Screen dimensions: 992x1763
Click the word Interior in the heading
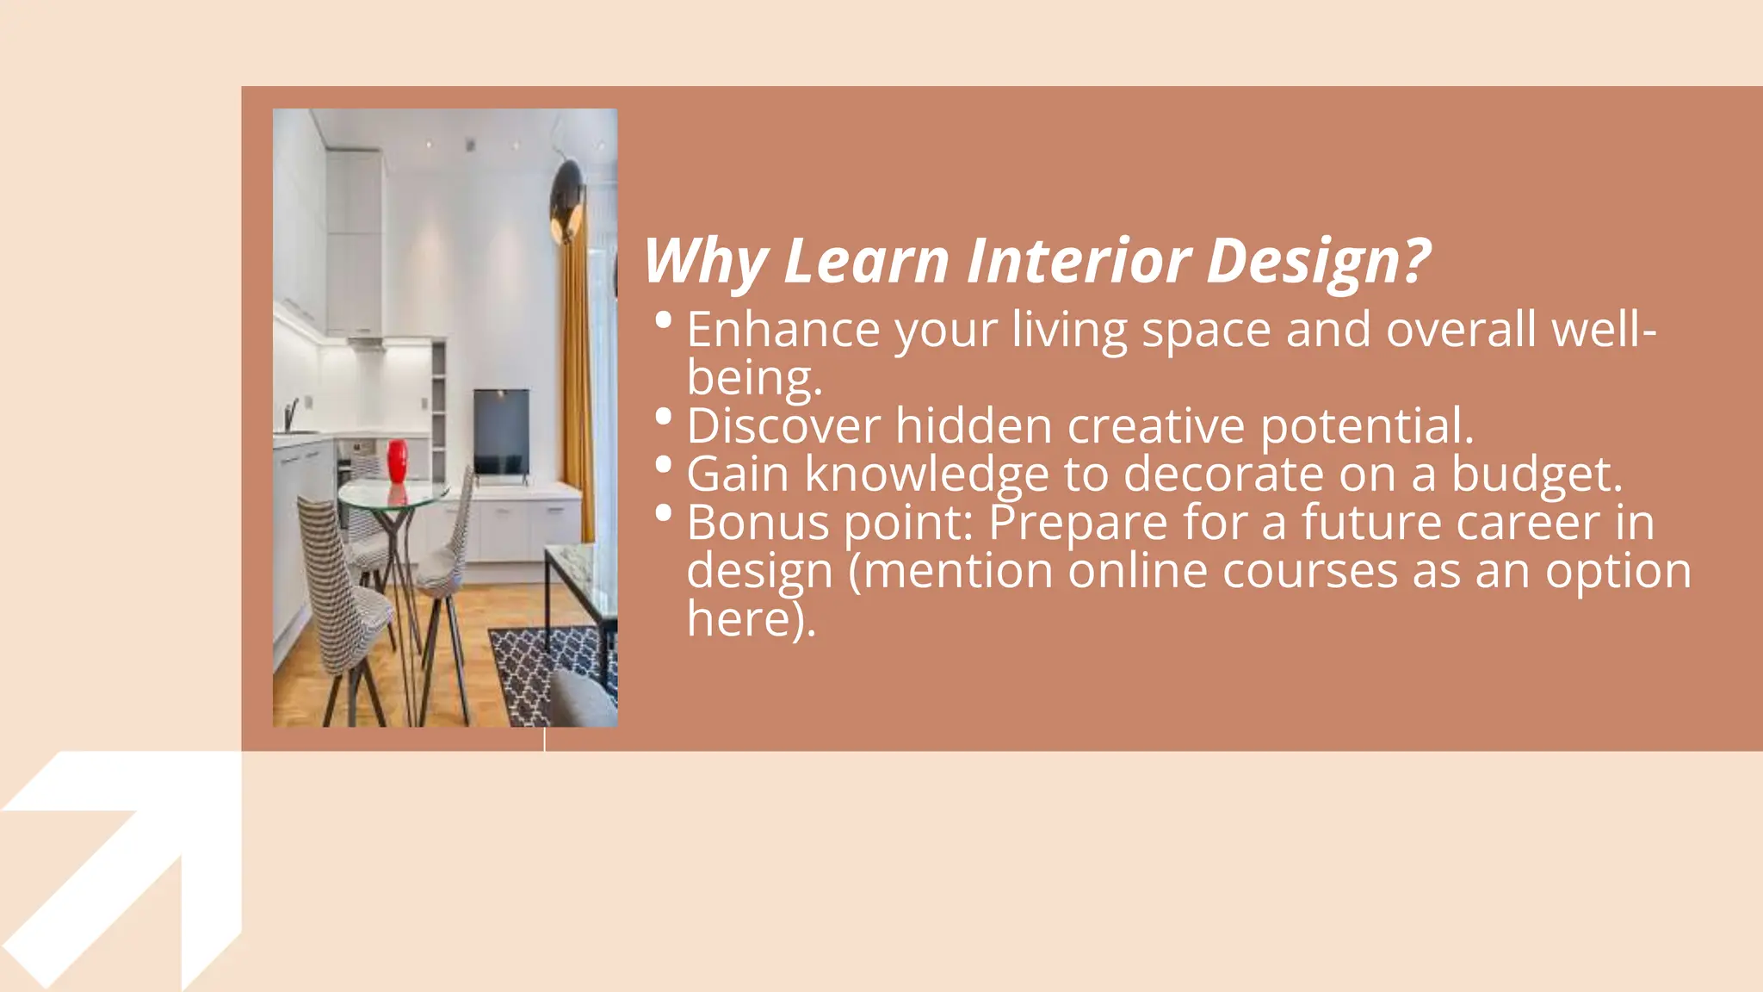pos(1079,260)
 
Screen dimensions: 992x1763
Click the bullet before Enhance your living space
pos(663,320)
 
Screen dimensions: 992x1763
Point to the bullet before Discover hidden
pos(663,417)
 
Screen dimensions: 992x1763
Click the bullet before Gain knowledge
pos(663,465)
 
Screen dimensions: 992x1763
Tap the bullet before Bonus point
pos(663,513)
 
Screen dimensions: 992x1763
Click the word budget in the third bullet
pos(1536,475)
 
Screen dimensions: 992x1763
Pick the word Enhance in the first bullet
pos(783,330)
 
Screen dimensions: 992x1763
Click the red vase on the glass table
pos(397,462)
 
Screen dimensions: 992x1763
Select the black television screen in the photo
pos(501,431)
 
